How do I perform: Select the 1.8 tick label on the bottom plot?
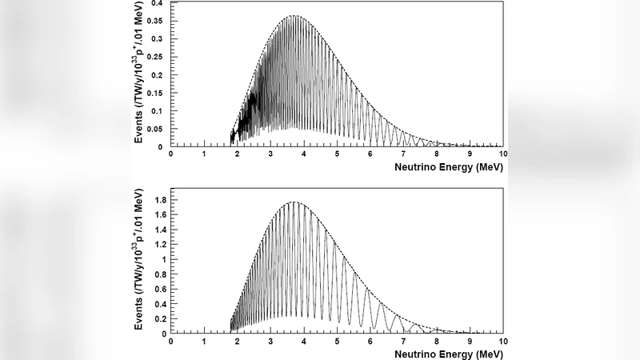pos(158,200)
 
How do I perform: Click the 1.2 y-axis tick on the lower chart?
pos(158,245)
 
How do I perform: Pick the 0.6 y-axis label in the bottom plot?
pos(158,289)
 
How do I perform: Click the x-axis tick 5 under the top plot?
pos(337,154)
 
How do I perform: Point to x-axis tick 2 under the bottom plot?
pos(238,340)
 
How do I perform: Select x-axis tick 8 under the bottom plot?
pos(437,340)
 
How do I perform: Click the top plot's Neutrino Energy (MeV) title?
pos(448,168)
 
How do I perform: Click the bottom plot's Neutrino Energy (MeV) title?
pos(448,353)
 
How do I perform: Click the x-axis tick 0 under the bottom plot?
pos(171,340)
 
